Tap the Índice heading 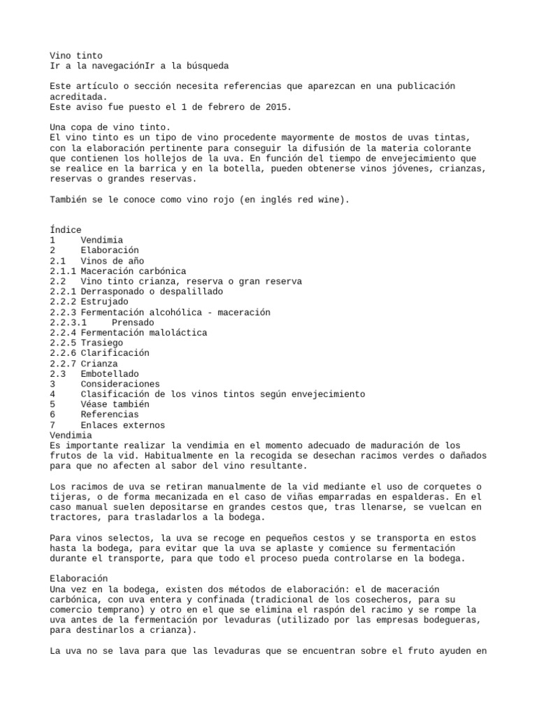(66, 230)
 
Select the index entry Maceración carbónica (134, 271)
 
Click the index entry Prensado (133, 322)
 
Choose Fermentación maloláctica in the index (143, 333)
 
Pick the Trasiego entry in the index (102, 343)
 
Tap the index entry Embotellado (110, 374)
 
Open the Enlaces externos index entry (123, 425)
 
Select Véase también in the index (115, 405)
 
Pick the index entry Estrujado (105, 302)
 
